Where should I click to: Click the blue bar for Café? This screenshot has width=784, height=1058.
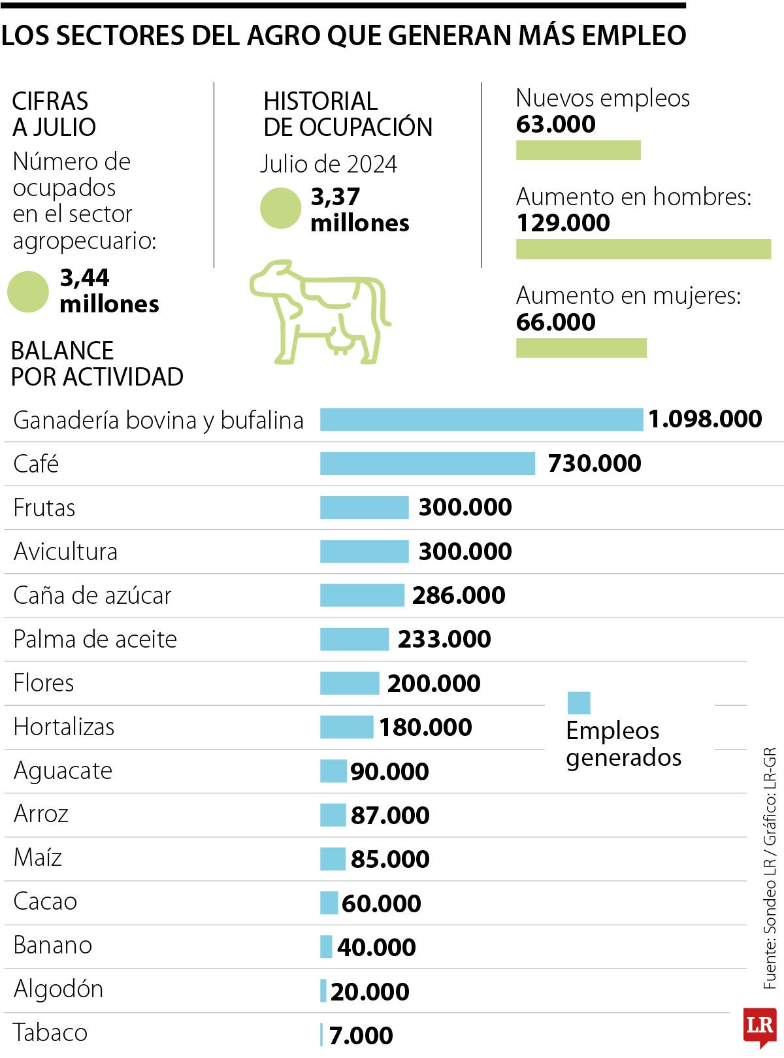click(427, 463)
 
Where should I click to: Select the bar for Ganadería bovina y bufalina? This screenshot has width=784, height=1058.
click(482, 420)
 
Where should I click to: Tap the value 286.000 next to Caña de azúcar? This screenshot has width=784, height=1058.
click(459, 595)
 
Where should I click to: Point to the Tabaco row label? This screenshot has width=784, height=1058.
click(50, 1033)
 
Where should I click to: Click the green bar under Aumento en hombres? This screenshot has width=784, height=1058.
click(643, 249)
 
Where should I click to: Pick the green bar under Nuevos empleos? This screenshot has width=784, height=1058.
click(578, 150)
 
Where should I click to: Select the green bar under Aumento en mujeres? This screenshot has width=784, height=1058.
click(581, 348)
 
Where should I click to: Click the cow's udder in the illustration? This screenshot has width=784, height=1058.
click(340, 341)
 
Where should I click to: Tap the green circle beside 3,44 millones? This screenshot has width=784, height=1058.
click(28, 291)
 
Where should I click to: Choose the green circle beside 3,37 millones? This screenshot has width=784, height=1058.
click(280, 208)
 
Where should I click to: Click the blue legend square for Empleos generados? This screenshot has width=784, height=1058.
click(579, 703)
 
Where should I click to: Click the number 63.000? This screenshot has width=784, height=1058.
click(555, 124)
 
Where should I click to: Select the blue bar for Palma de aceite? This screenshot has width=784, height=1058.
click(354, 639)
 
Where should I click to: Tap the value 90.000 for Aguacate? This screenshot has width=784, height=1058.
click(389, 772)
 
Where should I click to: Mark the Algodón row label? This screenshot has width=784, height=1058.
click(58, 989)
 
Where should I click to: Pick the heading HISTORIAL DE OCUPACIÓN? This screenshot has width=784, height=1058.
click(348, 114)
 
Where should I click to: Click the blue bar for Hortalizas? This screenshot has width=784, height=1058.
click(346, 727)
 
